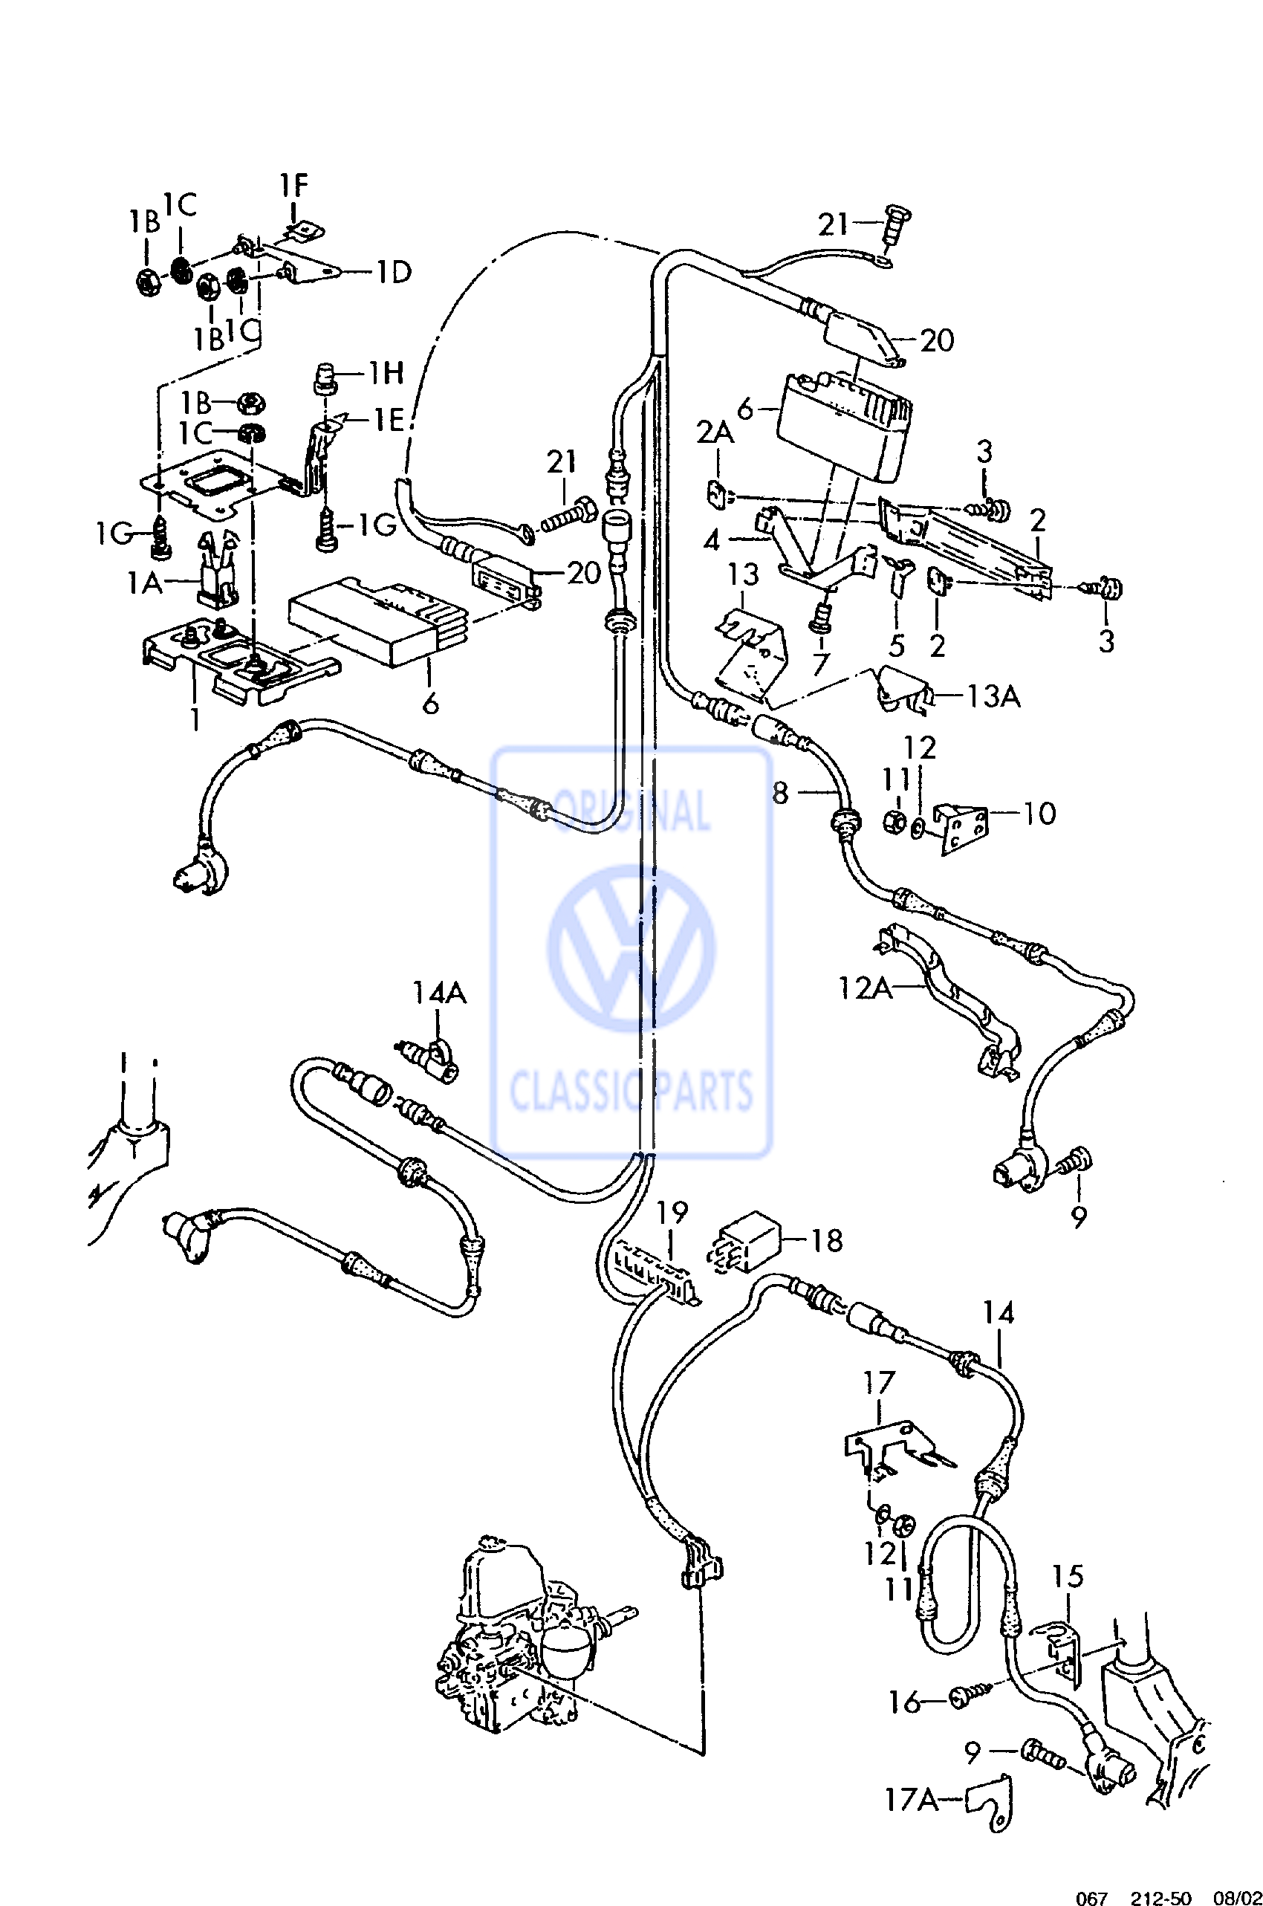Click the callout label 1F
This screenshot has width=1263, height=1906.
pyautogui.click(x=294, y=186)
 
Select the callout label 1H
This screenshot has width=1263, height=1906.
pyautogui.click(x=386, y=373)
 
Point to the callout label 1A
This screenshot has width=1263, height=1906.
pyautogui.click(x=145, y=583)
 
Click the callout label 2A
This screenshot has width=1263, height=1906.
pyautogui.click(x=715, y=434)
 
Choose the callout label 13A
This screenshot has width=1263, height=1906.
pyautogui.click(x=993, y=696)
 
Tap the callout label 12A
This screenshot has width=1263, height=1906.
pyautogui.click(x=865, y=987)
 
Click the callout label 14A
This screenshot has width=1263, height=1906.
pyautogui.click(x=439, y=993)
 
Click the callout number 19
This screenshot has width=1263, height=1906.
pyautogui.click(x=672, y=1213)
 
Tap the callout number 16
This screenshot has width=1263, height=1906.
pyautogui.click(x=903, y=1703)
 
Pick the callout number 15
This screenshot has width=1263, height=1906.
pyautogui.click(x=1068, y=1577)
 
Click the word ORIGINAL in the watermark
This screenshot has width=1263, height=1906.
pyautogui.click(x=632, y=811)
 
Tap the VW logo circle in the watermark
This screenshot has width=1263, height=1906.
pyautogui.click(x=631, y=948)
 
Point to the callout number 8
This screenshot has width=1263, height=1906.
pyautogui.click(x=779, y=794)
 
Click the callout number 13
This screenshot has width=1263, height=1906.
pyautogui.click(x=744, y=575)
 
